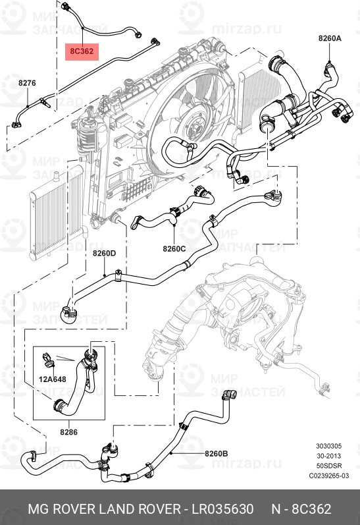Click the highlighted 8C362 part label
pos(82,51)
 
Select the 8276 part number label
pos(27,83)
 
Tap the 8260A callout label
pos(330,39)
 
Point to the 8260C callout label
pos(174,248)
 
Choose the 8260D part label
pos(104,253)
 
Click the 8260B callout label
pos(216,453)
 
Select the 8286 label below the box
pos(69,433)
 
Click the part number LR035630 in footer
pos(222,509)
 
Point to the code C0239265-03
pos(330,476)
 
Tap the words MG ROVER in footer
pos(57,509)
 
